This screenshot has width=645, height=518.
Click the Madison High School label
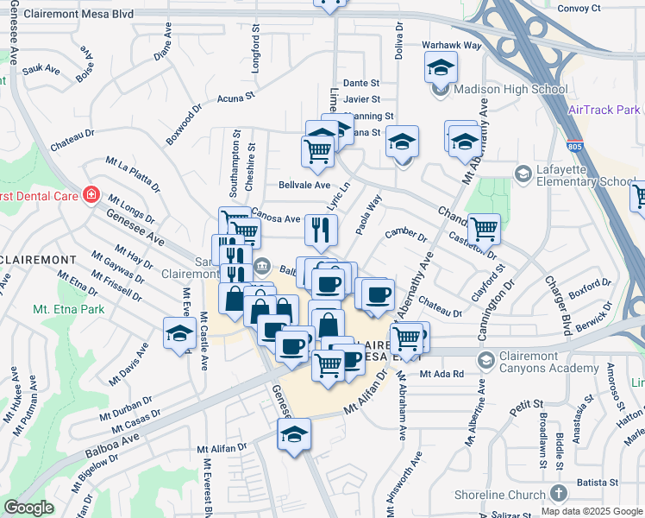[x=510, y=89]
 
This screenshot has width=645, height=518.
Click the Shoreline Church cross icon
[x=558, y=492]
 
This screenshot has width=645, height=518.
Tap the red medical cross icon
[x=91, y=194]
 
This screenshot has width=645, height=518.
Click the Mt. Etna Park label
[x=69, y=308]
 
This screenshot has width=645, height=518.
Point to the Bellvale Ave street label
[x=304, y=185]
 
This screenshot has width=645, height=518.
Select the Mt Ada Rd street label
[x=441, y=374]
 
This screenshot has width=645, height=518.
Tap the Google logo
[x=28, y=508]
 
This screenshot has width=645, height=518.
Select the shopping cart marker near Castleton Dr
[x=484, y=228]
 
